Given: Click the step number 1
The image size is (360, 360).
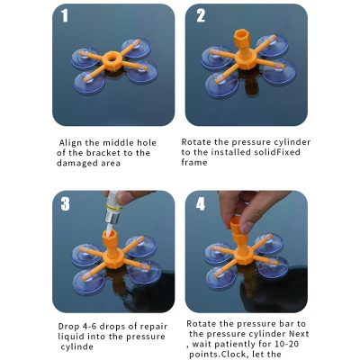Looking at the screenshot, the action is (x=65, y=15).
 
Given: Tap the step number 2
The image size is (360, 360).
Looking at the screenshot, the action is (x=201, y=15).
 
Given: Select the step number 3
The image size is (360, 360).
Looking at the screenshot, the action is (x=65, y=204).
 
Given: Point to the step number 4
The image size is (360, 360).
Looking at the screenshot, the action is (x=201, y=204).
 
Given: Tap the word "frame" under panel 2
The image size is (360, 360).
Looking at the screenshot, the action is (x=194, y=162).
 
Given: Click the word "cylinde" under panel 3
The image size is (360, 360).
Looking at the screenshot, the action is (x=76, y=346).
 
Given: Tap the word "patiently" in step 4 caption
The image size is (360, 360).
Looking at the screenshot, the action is (x=234, y=344).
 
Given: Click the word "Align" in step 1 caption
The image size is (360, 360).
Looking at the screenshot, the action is (x=70, y=143).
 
